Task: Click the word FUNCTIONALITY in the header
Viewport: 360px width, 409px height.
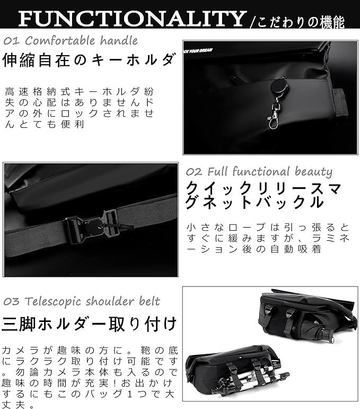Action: pos(133,18)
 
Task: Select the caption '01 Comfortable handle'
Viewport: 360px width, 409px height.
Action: pos(71,41)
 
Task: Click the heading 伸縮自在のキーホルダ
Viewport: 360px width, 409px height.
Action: pos(89,60)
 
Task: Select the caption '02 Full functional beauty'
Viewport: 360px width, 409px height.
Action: pos(259,172)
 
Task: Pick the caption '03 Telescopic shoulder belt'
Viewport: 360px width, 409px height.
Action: pos(82,301)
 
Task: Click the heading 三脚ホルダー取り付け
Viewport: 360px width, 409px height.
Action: pos(89,324)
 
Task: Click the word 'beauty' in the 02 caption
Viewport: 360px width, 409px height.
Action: pos(313,172)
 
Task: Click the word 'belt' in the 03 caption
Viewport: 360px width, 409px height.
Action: pos(150,301)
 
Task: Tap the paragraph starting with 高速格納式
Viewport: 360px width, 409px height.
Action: pos(80,108)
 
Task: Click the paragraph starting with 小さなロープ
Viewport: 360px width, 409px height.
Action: pos(268,238)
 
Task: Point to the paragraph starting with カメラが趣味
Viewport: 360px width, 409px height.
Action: pos(90,378)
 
